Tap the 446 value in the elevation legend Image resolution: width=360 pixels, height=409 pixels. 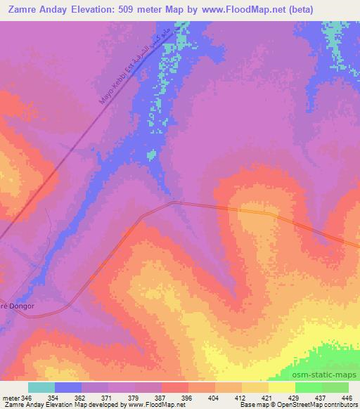347,397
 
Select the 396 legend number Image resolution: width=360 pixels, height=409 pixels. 188,397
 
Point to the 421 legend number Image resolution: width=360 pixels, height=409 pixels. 269,397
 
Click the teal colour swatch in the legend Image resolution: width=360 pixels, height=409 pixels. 41,387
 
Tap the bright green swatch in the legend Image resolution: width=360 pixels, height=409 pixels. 308,387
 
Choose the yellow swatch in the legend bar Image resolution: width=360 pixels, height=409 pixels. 281,387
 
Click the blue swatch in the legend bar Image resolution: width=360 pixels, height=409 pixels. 67,387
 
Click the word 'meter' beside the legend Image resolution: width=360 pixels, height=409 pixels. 10,397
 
